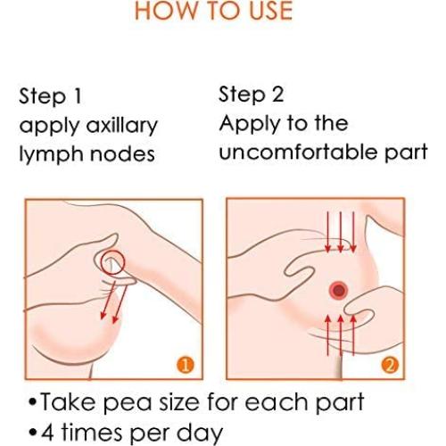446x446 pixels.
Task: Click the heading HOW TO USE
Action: pos(214,11)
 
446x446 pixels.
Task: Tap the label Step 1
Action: pos(50,96)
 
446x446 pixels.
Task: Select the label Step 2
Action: pos(252,95)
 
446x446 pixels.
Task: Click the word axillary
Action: pos(122,126)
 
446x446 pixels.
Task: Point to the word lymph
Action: pos(51,154)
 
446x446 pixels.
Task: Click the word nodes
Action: pos(122,154)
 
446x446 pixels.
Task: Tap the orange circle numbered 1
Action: pos(186,365)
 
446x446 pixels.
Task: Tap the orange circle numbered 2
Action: pos(390,365)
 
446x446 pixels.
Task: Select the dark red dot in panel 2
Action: pos(339,290)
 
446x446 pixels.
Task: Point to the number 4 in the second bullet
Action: pos(47,433)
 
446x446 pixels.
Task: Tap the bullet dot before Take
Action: pos(33,402)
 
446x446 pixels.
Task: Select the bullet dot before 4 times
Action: pos(33,433)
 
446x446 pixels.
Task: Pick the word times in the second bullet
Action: pos(92,432)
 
